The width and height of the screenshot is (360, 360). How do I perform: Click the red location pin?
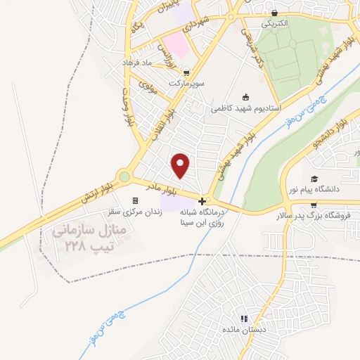coord(181,164)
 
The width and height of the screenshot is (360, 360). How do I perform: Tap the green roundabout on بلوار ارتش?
coord(125,177)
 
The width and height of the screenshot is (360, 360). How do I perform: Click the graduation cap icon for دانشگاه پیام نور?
coord(314,179)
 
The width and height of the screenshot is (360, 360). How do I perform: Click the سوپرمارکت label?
coord(186,82)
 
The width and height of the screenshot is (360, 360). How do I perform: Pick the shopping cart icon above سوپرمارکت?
coord(186,72)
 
